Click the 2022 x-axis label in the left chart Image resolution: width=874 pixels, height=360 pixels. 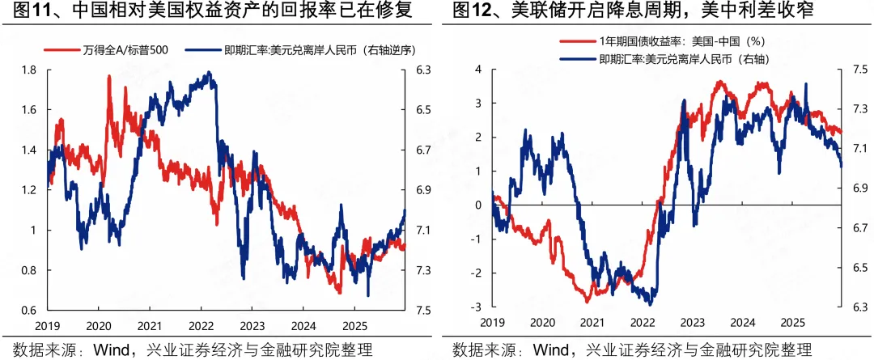[x=200, y=327]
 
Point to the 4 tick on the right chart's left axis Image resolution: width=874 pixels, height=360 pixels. [x=478, y=70]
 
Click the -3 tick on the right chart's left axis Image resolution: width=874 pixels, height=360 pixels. [x=477, y=307]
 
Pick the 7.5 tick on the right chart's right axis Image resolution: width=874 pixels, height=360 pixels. [x=860, y=70]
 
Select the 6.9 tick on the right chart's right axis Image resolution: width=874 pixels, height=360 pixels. [x=860, y=188]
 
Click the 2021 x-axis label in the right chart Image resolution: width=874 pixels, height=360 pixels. [x=588, y=323]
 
